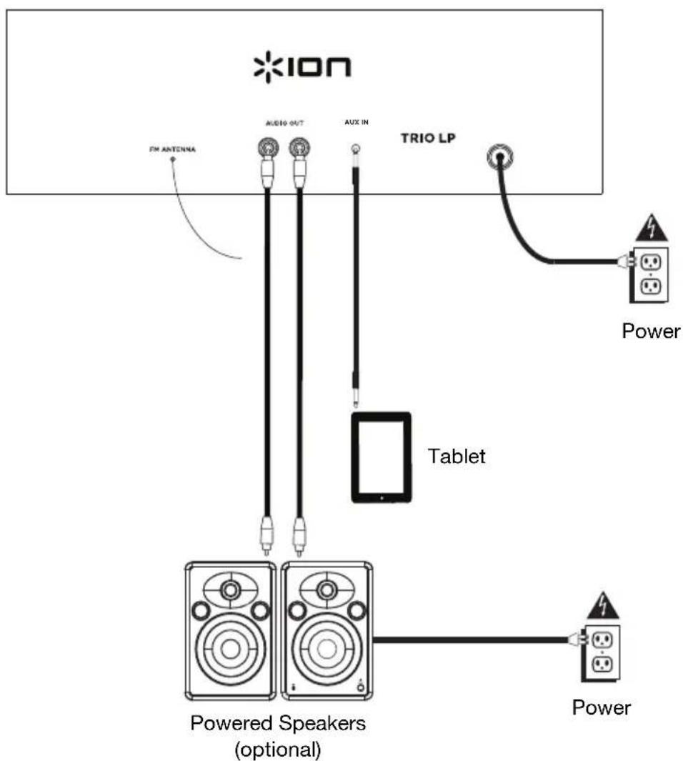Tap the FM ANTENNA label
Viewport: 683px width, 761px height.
[x=172, y=151]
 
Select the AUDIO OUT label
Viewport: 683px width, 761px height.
[x=284, y=124]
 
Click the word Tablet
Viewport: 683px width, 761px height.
[x=456, y=456]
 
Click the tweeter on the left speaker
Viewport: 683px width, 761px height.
[x=230, y=590]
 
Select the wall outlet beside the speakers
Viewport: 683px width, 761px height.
[x=601, y=652]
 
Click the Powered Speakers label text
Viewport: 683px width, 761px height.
[x=277, y=722]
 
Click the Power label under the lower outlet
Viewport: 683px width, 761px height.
[x=602, y=707]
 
